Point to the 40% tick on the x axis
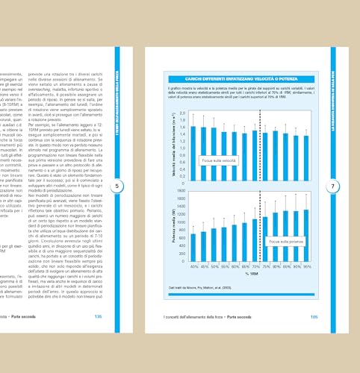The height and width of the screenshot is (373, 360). click(x=193, y=265)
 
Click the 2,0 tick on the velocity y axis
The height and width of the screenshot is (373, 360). click(x=181, y=112)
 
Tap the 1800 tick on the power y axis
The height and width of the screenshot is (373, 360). click(x=180, y=192)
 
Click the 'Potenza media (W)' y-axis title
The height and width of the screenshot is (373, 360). click(x=172, y=224)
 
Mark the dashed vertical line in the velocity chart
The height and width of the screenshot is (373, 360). click(x=259, y=145)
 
